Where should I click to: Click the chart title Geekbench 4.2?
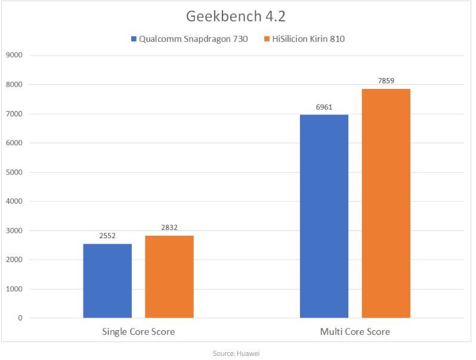click(x=237, y=15)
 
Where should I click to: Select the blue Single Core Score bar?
click(x=107, y=281)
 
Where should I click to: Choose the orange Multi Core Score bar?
click(x=386, y=203)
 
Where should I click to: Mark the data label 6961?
click(x=324, y=108)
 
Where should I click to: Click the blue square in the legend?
click(x=134, y=39)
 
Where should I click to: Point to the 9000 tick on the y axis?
click(x=13, y=56)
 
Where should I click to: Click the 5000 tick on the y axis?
click(x=13, y=173)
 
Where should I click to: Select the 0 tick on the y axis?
click(x=20, y=318)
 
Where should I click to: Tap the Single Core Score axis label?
click(x=138, y=331)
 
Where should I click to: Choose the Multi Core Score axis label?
click(x=355, y=331)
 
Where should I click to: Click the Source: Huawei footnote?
click(x=236, y=353)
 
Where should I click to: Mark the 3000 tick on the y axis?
click(x=13, y=231)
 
